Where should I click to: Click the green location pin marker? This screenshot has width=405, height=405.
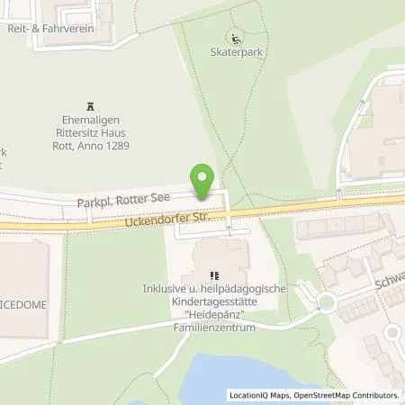click(x=204, y=182)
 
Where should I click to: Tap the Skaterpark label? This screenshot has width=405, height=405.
click(x=236, y=53)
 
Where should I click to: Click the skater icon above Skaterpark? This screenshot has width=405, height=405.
click(x=236, y=39)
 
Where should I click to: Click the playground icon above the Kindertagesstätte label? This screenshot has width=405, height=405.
click(x=213, y=275)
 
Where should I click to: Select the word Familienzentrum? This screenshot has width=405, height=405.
click(x=214, y=328)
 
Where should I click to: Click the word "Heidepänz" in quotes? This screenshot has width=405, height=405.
click(x=213, y=316)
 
